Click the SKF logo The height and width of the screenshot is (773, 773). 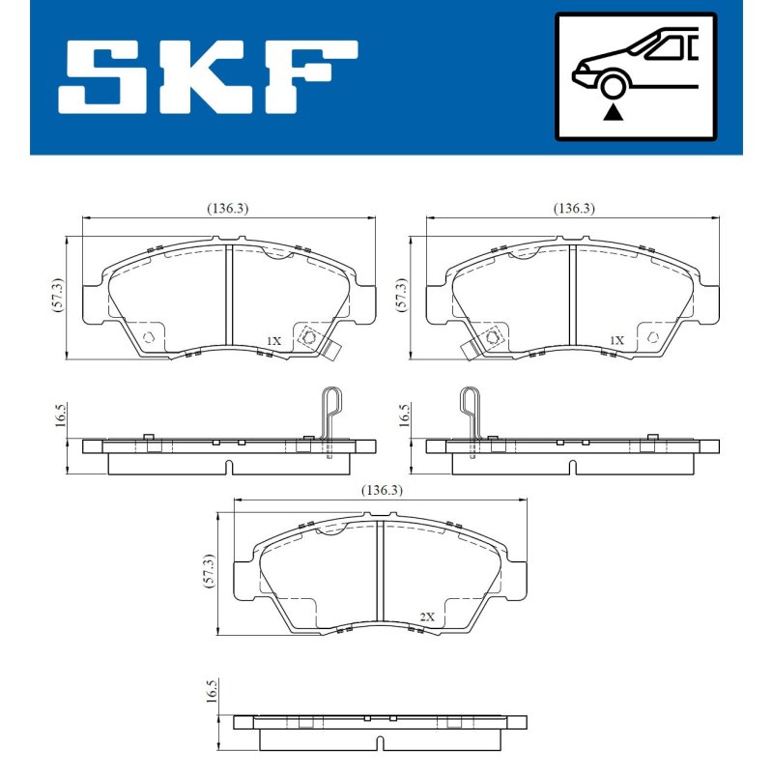pos(208,76)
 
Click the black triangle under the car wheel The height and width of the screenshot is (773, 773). pos(613,112)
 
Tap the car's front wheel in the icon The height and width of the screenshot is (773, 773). pos(613,86)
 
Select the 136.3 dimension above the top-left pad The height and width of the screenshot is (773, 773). pos(228,208)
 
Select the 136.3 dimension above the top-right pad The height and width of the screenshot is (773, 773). pos(574,208)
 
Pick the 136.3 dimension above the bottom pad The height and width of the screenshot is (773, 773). pos(382,490)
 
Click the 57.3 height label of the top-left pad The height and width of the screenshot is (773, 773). pos(58,295)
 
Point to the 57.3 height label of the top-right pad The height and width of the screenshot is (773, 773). pos(402,295)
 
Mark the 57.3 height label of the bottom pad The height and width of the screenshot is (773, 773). pos(210,570)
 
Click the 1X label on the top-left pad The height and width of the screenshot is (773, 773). pos(273,341)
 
